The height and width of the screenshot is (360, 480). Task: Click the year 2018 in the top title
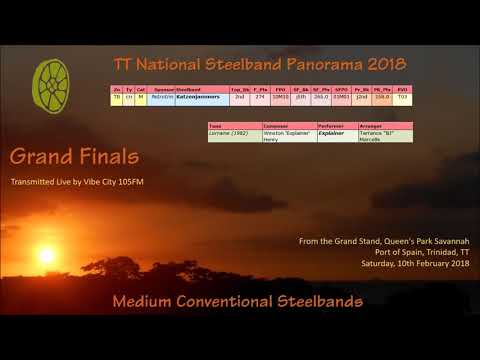click(x=387, y=65)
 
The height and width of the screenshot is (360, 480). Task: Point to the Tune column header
click(x=216, y=125)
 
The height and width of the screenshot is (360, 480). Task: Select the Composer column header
click(x=277, y=125)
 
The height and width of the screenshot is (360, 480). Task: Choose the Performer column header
click(x=331, y=125)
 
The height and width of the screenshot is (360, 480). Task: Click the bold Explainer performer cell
click(x=334, y=132)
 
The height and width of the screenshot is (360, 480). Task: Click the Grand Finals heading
click(x=74, y=158)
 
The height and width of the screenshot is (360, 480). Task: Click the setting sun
click(x=46, y=255)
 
